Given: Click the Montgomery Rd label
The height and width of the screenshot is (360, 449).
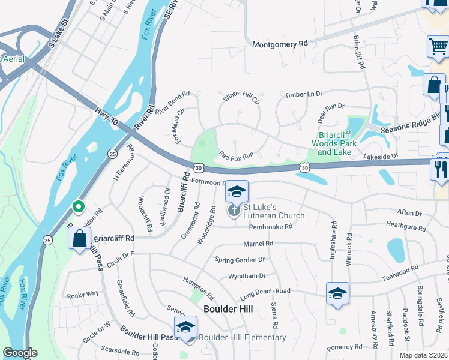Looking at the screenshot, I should [x=280, y=44].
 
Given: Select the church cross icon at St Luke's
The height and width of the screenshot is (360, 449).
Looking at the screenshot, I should [x=234, y=211].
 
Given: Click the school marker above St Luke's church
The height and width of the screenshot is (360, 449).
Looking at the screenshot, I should [x=237, y=192].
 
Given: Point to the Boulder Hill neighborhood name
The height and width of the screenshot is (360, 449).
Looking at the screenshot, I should [x=228, y=309].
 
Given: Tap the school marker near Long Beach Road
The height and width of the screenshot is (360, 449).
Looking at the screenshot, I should [x=338, y=294].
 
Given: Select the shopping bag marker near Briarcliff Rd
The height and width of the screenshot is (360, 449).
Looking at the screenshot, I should [x=80, y=239].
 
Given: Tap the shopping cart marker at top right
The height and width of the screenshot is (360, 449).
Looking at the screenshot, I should [x=438, y=46].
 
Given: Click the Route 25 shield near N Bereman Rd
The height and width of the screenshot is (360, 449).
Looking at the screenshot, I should [x=112, y=154].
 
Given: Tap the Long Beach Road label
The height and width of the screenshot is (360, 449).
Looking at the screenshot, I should [x=265, y=291].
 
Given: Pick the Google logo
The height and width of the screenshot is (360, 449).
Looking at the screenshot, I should [x=20, y=353].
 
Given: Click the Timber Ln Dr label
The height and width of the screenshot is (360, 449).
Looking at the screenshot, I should [x=303, y=94].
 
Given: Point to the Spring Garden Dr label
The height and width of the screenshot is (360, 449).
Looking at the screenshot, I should [x=240, y=259].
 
